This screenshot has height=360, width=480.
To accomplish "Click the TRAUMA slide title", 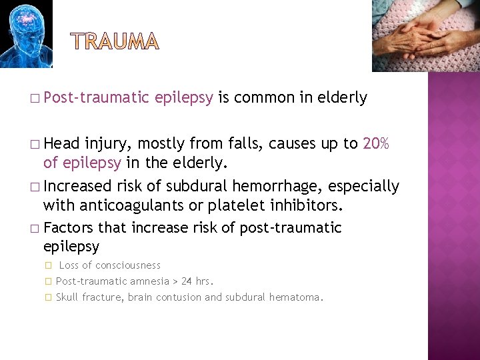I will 115,42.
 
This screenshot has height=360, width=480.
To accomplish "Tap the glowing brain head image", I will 25,34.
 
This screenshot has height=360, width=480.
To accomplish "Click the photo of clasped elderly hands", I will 425,35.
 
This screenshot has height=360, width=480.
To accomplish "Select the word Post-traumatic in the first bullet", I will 96,98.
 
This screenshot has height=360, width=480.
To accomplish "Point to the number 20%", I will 376,143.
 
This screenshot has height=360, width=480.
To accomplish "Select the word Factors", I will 69,229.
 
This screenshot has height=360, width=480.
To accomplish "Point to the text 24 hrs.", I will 197,281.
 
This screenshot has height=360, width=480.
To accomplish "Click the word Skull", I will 67,297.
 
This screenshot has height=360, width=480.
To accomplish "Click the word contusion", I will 178,297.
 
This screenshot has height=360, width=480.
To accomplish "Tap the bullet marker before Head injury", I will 35,144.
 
